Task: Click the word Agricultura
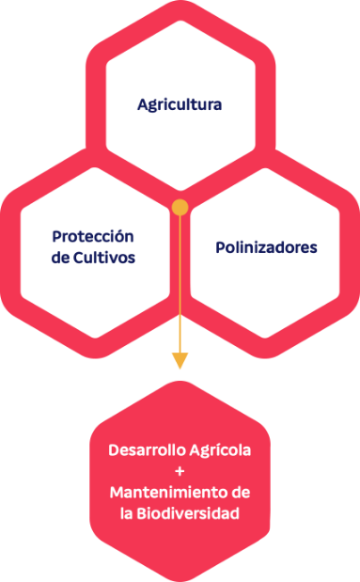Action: click(180, 104)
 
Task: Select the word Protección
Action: click(93, 236)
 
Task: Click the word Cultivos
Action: click(105, 257)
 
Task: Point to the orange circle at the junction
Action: click(180, 205)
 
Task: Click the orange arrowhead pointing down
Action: click(180, 361)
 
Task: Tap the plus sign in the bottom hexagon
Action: click(180, 470)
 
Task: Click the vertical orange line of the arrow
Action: click(180, 282)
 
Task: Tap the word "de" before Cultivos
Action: click(61, 257)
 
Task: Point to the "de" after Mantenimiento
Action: click(240, 493)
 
